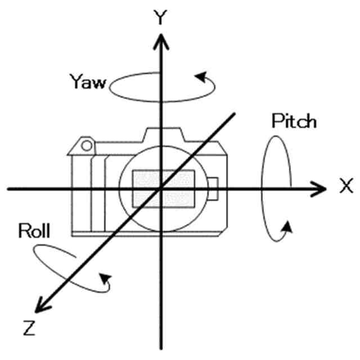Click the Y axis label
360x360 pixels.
tap(162, 18)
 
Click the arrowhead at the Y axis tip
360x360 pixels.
tap(162, 39)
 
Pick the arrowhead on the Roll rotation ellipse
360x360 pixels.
tap(105, 278)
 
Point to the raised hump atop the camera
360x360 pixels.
tap(163, 135)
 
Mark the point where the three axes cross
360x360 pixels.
tap(162, 188)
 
